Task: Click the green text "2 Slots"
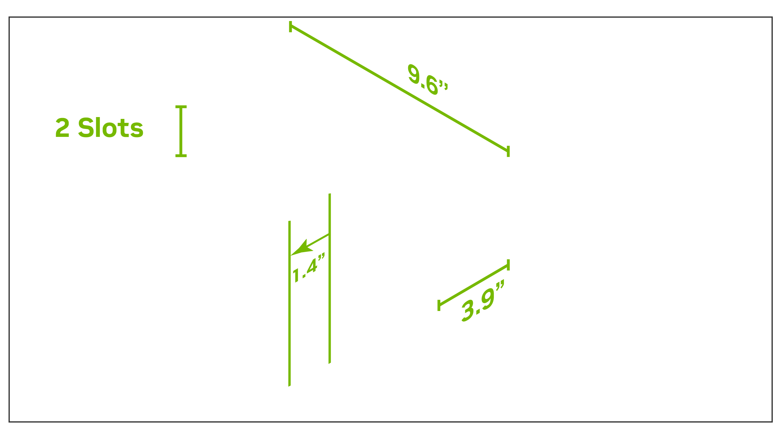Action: coord(99,128)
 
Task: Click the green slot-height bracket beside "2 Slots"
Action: coord(181,131)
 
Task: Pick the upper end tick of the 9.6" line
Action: coord(290,27)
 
